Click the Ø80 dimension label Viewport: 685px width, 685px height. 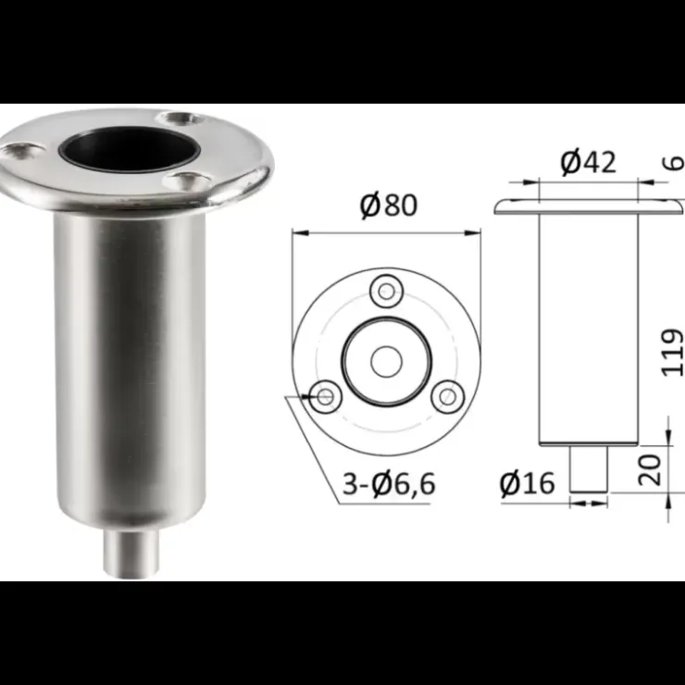click(389, 205)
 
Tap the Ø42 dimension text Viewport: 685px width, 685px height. click(588, 162)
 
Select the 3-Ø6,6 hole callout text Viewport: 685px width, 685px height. click(389, 483)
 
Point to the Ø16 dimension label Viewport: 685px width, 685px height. click(528, 483)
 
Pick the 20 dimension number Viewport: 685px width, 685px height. click(650, 469)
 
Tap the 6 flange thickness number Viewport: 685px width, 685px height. click(676, 163)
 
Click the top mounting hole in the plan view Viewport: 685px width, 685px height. click(386, 292)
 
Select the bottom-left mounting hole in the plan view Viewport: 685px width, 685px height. click(325, 397)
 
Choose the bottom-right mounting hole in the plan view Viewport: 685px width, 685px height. click(447, 397)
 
